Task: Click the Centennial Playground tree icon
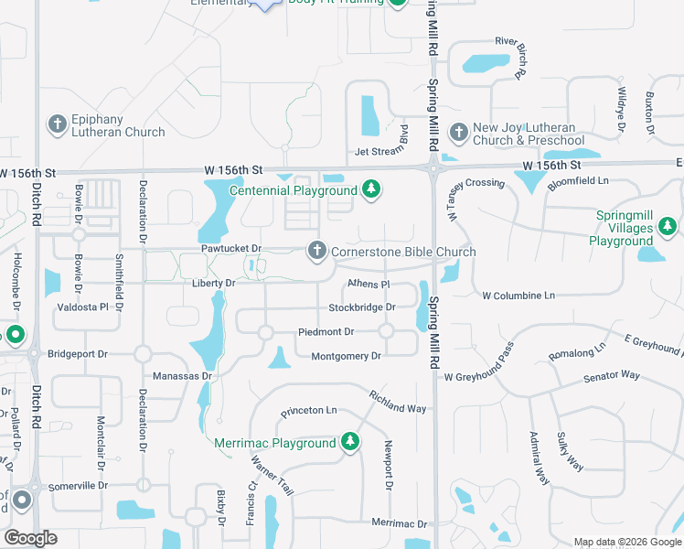click(x=370, y=190)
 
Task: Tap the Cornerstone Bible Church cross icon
click(x=316, y=251)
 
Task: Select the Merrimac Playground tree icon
click(x=349, y=443)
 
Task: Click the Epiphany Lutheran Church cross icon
click(x=57, y=123)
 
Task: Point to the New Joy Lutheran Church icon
click(x=458, y=134)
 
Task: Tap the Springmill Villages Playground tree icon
click(x=667, y=225)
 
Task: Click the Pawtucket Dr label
click(x=231, y=249)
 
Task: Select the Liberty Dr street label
click(x=213, y=284)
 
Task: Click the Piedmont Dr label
click(x=326, y=331)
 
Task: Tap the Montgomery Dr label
click(x=346, y=356)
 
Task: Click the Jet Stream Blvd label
click(x=380, y=152)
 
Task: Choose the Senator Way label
click(x=612, y=375)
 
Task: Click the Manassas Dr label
click(x=182, y=376)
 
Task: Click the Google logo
click(x=30, y=538)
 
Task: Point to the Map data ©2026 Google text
click(x=626, y=542)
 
